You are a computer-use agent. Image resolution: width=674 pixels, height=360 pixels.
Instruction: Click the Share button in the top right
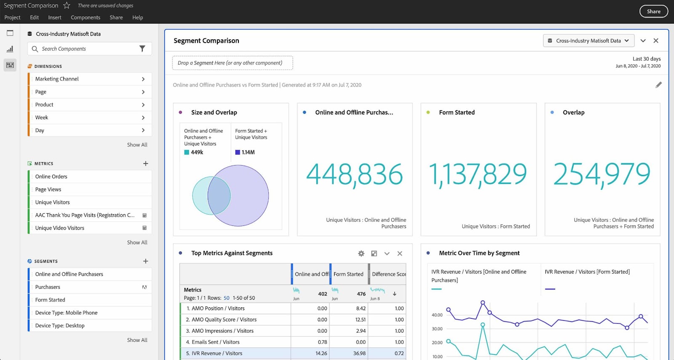click(653, 11)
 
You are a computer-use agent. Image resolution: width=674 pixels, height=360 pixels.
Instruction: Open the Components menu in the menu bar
click(86, 17)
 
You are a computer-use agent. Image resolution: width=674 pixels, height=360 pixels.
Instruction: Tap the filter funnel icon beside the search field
click(142, 49)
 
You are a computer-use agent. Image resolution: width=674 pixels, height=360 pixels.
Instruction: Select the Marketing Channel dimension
click(57, 79)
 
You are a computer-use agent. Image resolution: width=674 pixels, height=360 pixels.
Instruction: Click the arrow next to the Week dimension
click(143, 118)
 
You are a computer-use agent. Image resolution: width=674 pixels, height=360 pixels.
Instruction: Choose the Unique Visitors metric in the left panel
click(53, 202)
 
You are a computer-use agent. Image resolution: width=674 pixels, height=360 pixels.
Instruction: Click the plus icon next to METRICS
click(145, 164)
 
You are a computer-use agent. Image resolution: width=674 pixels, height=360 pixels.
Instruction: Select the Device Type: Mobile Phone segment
click(67, 313)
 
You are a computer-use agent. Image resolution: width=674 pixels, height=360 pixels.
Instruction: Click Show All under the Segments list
click(137, 340)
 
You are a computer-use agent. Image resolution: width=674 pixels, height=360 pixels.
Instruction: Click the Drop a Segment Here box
click(232, 63)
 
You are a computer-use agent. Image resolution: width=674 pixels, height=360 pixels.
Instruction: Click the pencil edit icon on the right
click(658, 85)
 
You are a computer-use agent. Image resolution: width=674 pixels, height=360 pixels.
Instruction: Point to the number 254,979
click(602, 174)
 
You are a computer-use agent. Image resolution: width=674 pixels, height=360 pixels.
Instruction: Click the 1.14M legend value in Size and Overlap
click(248, 152)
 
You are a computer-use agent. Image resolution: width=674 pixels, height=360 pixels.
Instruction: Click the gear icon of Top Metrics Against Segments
click(361, 253)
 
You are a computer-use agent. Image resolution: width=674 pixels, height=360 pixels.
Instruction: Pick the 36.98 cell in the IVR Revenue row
click(359, 353)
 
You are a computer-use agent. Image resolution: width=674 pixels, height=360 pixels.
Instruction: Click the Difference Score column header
click(388, 274)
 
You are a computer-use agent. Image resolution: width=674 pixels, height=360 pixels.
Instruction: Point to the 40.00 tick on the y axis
click(437, 315)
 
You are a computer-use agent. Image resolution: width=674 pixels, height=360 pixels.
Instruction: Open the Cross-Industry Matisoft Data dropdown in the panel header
click(588, 41)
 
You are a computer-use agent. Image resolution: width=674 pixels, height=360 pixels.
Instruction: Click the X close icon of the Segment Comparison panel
click(655, 41)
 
